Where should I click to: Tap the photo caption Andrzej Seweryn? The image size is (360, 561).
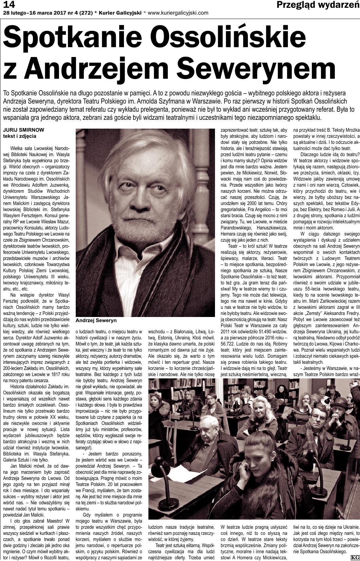coord(96,320)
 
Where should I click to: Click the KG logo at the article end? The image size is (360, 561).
coord(355,558)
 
